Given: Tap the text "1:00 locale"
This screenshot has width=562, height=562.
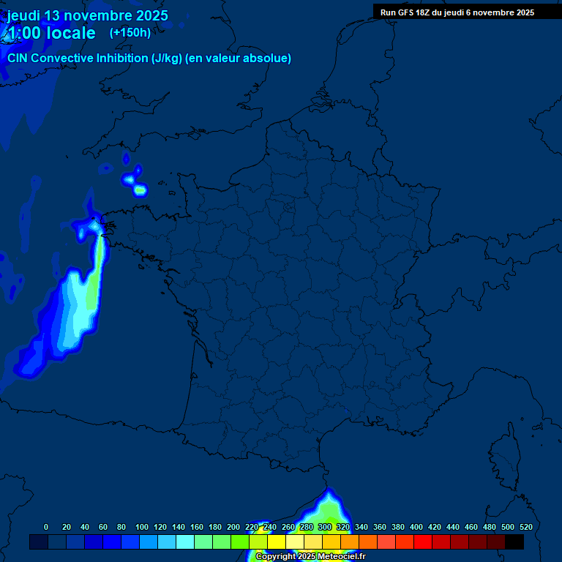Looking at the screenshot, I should [50, 33].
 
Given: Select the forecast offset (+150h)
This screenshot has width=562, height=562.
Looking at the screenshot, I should [130, 32].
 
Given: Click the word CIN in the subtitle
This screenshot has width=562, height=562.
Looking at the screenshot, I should [18, 58].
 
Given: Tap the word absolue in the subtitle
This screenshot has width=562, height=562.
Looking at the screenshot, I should [269, 58].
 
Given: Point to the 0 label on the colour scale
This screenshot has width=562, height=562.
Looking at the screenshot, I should [46, 527].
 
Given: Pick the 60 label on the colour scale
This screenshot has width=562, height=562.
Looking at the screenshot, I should [103, 527].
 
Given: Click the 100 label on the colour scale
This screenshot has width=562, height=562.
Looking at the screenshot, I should [141, 527].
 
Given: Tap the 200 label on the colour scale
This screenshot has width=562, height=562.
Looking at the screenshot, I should [233, 527].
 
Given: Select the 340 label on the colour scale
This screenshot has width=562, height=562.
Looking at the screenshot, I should [361, 527].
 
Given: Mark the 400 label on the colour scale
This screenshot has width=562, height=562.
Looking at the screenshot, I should [416, 527].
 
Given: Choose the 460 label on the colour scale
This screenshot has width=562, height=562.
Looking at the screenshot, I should [471, 527].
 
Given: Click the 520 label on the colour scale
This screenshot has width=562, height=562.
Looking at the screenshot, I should [526, 527].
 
